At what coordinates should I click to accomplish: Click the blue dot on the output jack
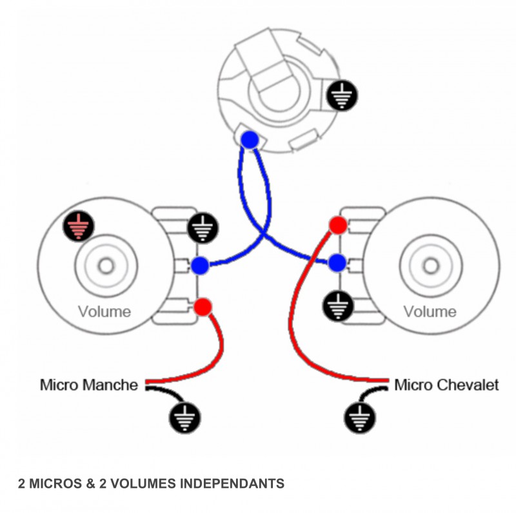[250, 139]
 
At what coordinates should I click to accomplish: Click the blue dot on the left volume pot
[200, 264]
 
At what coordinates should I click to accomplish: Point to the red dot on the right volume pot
[337, 225]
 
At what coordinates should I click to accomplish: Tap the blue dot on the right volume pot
[337, 263]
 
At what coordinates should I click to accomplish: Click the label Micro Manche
[89, 385]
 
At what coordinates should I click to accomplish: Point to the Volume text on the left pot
[104, 312]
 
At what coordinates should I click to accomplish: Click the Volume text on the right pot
[430, 312]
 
